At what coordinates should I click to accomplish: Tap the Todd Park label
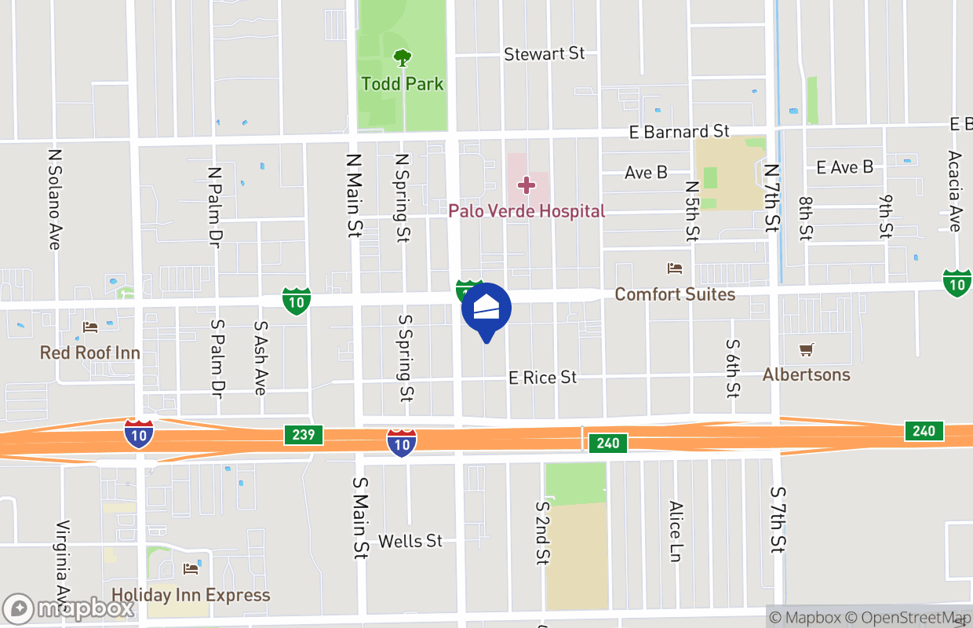coord(403,83)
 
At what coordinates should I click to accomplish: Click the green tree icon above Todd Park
coord(403,57)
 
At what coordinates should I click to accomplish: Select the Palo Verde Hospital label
coord(527,211)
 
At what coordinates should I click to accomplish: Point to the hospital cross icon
coord(527,185)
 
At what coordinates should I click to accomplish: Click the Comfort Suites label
coord(675,294)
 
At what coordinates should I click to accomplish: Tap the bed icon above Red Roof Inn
coord(90,327)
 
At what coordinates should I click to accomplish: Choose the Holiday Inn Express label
coord(191,595)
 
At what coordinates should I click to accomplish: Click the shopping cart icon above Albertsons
coord(806,349)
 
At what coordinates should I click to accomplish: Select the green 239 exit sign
coord(304,435)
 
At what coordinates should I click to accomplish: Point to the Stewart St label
coord(545,54)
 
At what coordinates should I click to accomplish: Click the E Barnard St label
coord(680,132)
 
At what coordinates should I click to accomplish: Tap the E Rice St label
coord(543,378)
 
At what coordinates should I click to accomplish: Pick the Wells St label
coord(410,541)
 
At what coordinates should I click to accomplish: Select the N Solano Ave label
coord(54,200)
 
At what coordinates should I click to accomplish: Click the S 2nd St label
coord(542,533)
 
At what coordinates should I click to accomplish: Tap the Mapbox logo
coord(68,608)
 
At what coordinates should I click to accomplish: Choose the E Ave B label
coord(844,167)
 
